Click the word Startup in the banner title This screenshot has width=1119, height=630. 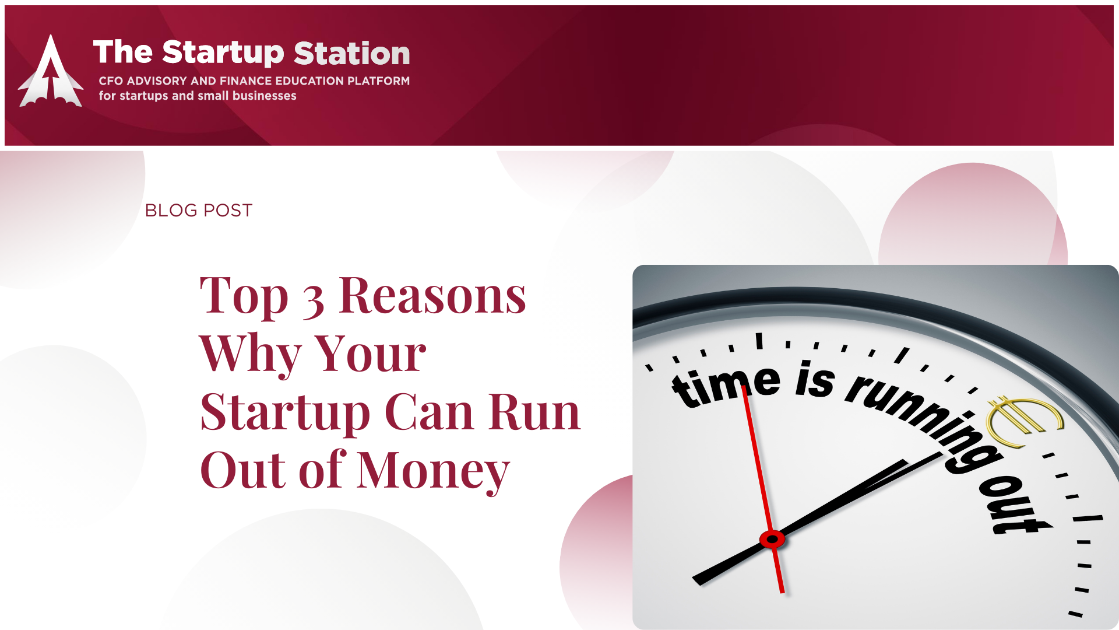point(223,53)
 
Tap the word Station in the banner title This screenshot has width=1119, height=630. point(352,53)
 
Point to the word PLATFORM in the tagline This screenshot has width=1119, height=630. point(378,80)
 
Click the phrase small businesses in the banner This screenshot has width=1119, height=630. point(247,96)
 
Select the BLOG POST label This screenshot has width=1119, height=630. point(199,210)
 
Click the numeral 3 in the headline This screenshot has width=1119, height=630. point(314,301)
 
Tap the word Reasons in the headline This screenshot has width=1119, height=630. point(432,296)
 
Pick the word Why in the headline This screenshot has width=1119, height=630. point(250,353)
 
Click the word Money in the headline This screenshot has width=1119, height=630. point(434,471)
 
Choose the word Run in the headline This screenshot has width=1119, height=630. point(534,412)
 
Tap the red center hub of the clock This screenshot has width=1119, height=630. point(772,539)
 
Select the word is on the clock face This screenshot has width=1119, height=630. point(815,379)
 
